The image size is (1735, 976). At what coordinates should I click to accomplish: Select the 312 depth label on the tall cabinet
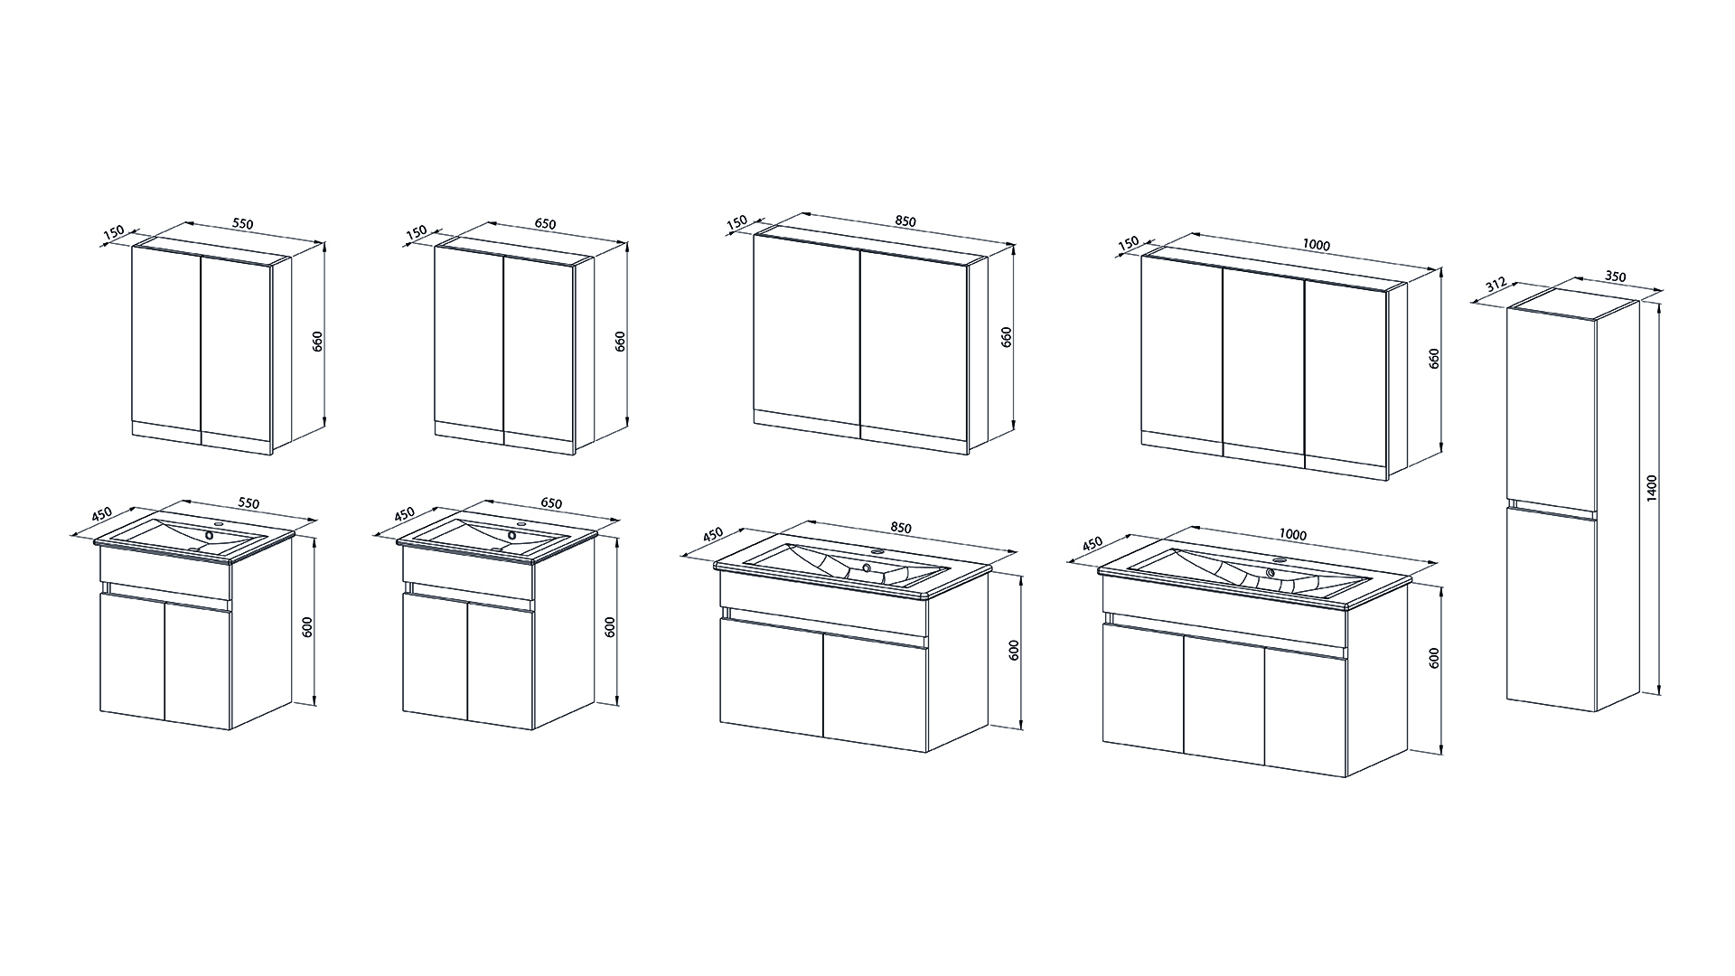pos(1494,286)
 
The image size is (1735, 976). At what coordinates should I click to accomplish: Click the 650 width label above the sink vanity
pos(550,503)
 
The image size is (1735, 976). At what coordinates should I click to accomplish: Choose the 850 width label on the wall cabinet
pos(905,221)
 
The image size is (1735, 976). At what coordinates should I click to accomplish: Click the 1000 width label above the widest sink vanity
pos(1293,535)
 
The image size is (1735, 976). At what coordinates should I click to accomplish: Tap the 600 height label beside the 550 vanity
pos(307,627)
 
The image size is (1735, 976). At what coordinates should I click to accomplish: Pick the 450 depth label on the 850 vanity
pos(714,534)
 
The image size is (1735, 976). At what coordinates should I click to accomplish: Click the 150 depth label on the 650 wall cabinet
pos(417,232)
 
